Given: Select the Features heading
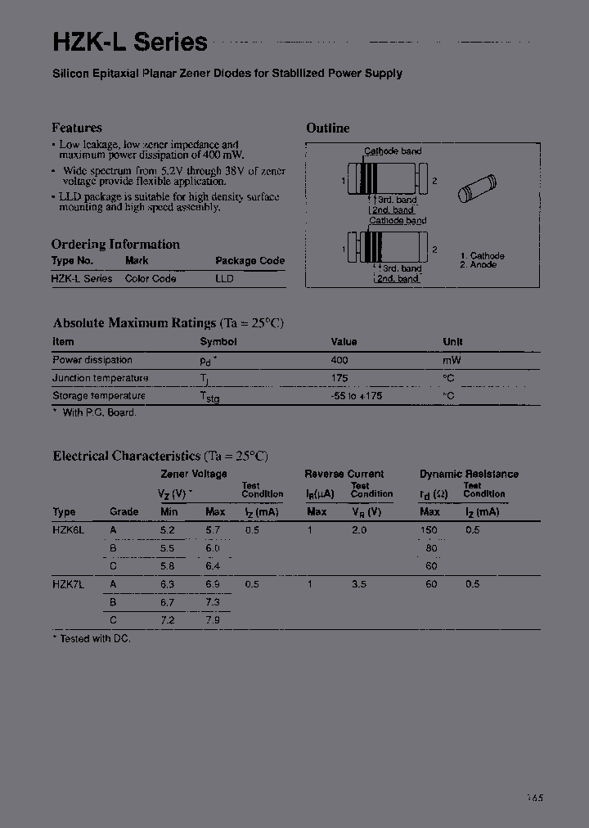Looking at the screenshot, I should click(x=76, y=128).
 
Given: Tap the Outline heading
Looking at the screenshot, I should click(x=327, y=128).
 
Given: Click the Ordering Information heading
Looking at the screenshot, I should click(x=115, y=244).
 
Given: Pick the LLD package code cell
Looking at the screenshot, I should click(x=224, y=278).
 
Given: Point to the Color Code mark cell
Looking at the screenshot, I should click(x=151, y=278).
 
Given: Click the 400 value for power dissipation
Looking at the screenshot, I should click(x=339, y=360).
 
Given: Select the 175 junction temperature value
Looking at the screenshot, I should click(x=339, y=378).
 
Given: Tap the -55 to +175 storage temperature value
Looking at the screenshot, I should click(x=356, y=396).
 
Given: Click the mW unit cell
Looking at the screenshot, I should click(x=452, y=360).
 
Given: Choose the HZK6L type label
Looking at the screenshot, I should click(x=68, y=530).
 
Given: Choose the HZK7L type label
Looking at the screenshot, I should click(x=68, y=584).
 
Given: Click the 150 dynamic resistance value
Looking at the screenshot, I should click(x=429, y=530).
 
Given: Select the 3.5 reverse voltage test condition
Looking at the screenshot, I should click(x=358, y=584).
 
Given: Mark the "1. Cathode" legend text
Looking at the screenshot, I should click(x=482, y=256).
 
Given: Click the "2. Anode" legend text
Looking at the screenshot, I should click(x=478, y=265).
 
